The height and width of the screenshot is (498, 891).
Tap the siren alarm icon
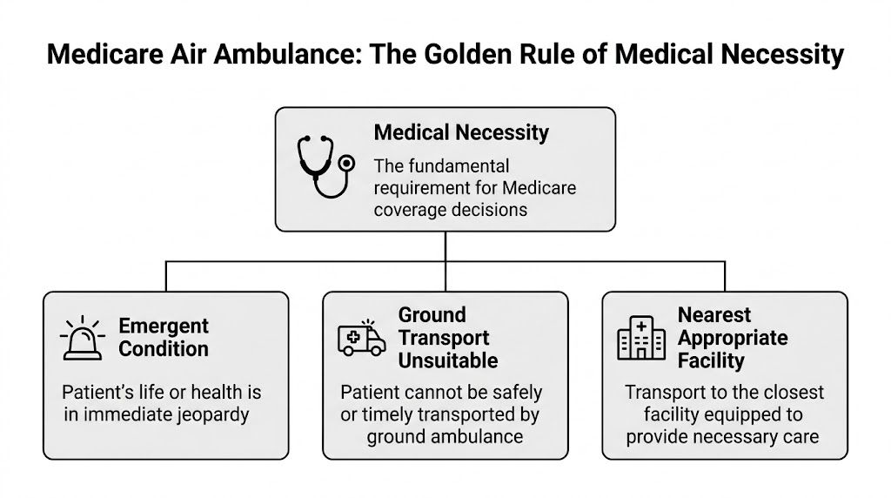tap(83, 338)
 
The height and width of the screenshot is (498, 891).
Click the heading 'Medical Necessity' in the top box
tap(461, 133)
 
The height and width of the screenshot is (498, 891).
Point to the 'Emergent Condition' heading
tap(164, 338)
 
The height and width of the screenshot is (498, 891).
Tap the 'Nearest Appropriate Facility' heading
tap(733, 338)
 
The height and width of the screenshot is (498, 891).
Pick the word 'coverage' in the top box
tap(414, 211)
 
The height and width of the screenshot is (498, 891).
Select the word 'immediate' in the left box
tap(121, 414)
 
